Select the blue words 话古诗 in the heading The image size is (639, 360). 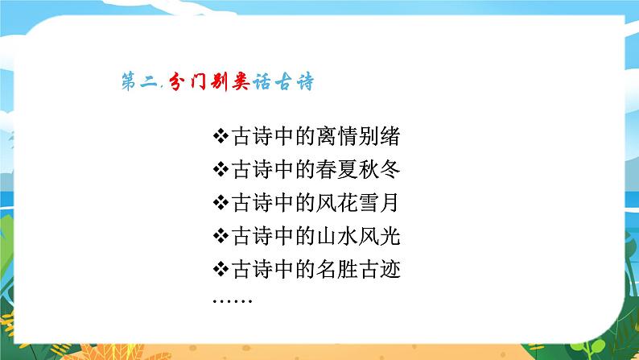(x=256, y=82)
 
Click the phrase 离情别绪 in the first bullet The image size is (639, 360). (x=361, y=136)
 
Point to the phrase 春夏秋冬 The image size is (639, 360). (x=361, y=170)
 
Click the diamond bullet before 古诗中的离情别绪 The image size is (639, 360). (x=221, y=136)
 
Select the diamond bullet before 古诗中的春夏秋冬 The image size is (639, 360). (x=221, y=170)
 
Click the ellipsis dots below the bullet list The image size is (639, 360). (x=233, y=301)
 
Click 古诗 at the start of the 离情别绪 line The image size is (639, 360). (x=251, y=136)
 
